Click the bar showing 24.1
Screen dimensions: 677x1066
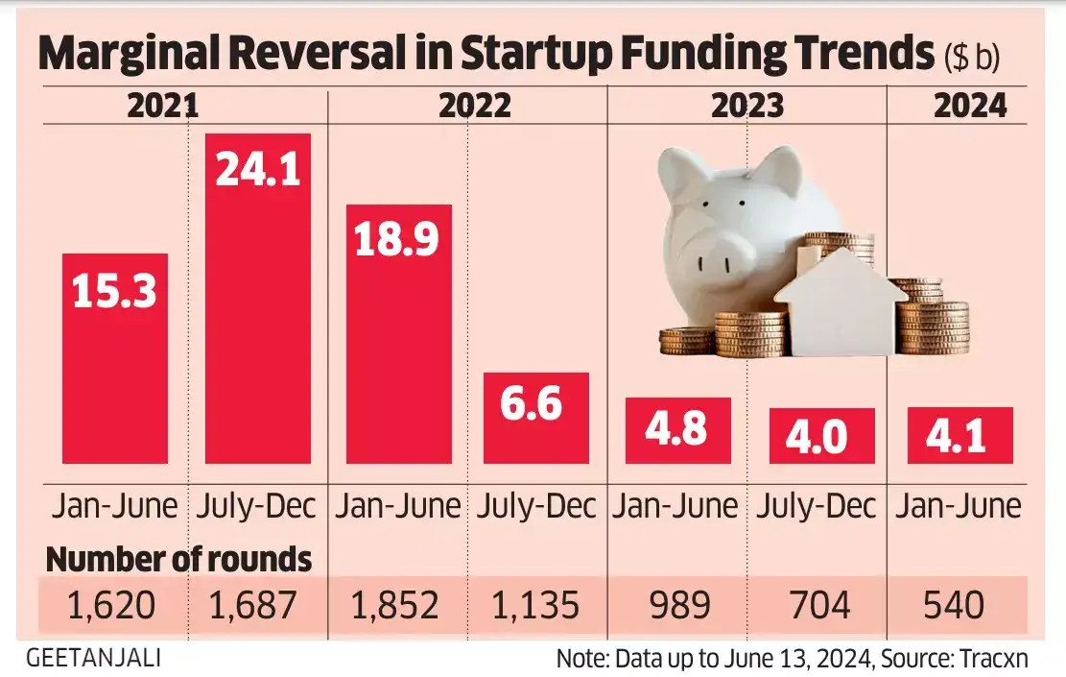tap(258, 298)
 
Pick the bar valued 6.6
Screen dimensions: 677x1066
tap(535, 419)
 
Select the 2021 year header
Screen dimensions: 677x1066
tap(162, 105)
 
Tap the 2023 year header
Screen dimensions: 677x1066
tap(746, 105)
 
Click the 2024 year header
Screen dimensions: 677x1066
tap(970, 105)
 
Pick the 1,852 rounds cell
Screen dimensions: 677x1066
tap(395, 605)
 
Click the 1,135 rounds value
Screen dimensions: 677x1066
tap(534, 605)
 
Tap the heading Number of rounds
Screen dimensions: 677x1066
tap(178, 559)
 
